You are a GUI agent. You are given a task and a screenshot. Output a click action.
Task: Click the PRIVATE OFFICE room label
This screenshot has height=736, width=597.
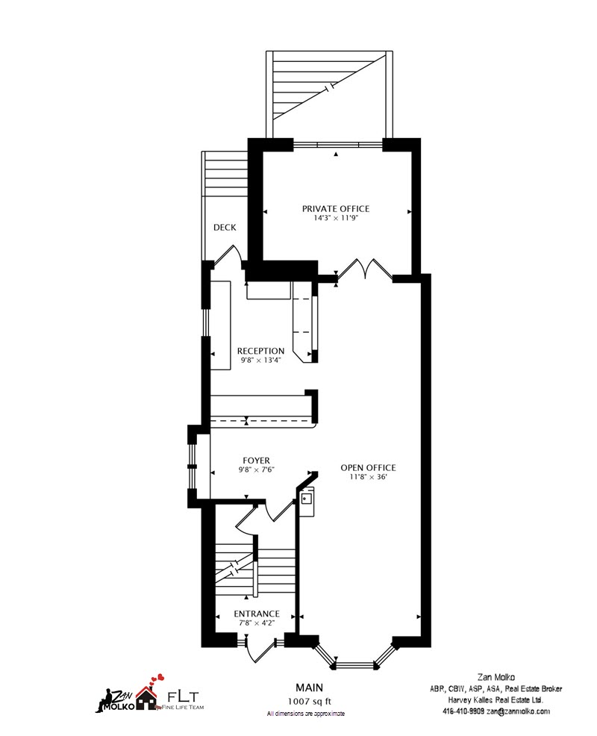(x=336, y=208)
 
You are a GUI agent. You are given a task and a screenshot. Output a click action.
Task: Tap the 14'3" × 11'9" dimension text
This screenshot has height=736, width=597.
(x=336, y=218)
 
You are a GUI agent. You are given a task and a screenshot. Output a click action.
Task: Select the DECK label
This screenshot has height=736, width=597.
(x=225, y=227)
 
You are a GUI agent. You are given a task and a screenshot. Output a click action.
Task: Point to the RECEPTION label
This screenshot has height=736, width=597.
(x=260, y=351)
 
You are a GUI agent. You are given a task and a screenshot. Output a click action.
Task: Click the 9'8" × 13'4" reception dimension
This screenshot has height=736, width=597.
(x=260, y=361)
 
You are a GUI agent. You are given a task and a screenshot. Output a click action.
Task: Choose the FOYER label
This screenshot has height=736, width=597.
(x=256, y=461)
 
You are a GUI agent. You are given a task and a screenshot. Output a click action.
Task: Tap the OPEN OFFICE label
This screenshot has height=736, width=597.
(x=369, y=467)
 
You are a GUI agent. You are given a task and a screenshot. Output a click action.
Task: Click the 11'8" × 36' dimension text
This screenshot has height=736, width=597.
(x=369, y=478)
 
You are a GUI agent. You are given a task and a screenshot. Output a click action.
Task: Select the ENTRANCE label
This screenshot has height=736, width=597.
(x=257, y=614)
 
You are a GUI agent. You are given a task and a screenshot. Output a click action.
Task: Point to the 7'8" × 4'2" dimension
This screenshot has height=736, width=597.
(x=257, y=623)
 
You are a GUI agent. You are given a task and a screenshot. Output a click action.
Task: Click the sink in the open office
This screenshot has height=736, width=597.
(x=307, y=498)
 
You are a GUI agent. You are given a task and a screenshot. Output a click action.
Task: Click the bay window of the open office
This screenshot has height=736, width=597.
(x=355, y=658)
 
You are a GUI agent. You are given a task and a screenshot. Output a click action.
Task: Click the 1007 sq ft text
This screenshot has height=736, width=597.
(x=309, y=702)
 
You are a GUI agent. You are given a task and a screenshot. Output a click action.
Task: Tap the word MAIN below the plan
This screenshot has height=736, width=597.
(x=309, y=687)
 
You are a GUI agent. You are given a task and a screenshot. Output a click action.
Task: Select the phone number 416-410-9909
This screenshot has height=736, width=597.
(x=463, y=711)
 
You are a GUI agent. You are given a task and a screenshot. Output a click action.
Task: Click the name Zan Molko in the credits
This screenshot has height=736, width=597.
(x=496, y=677)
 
